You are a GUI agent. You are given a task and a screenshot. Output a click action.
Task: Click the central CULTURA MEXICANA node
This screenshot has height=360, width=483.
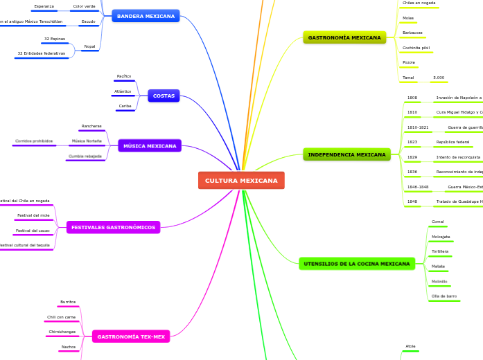pos(240,180)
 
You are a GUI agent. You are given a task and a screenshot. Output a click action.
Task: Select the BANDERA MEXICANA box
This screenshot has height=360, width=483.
pos(146,16)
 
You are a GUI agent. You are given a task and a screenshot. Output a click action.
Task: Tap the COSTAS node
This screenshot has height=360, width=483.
pos(164,96)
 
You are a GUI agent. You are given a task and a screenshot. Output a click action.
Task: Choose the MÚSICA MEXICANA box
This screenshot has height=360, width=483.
pos(150,146)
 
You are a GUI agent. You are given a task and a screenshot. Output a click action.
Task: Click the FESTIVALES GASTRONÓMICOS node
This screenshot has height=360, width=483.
pos(113,227)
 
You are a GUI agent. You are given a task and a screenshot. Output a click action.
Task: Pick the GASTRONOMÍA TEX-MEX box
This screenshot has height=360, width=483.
pos(130,336)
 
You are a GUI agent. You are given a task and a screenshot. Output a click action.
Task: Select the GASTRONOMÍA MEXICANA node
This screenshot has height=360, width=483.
pos(344,37)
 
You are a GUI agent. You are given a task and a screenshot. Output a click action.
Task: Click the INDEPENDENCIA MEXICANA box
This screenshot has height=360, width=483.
pos(346,154)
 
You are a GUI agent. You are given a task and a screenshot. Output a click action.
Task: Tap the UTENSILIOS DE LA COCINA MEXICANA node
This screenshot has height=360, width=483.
pos(357,264)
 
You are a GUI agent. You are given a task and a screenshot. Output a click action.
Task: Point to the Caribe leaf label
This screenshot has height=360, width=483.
pos(125,106)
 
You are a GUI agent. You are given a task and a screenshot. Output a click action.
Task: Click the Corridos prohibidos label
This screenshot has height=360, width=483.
pos(34,141)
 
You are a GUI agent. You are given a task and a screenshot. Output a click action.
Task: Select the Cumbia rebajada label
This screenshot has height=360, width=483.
pos(85,156)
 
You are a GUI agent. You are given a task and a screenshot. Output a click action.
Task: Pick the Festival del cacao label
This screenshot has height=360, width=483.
pos(33,231)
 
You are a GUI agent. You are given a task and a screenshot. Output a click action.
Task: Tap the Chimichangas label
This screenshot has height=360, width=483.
pos(62,332)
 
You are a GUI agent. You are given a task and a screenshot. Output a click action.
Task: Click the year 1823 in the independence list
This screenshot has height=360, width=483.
pos(412,142)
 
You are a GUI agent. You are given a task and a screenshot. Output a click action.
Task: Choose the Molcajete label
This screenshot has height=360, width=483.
pos(441,237)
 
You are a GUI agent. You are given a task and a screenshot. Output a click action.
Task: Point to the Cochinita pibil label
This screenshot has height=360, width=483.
pos(416,48)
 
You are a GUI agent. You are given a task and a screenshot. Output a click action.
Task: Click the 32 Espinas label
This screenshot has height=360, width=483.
pos(55,39)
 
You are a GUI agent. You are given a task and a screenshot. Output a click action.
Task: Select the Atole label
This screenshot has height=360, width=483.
pos(410,346)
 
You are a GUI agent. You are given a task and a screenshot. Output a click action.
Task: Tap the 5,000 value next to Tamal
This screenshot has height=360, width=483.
pos(439,78)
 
